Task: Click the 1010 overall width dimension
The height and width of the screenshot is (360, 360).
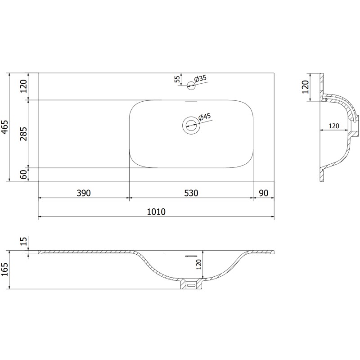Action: click(x=156, y=211)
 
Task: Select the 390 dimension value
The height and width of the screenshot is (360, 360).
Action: click(x=84, y=193)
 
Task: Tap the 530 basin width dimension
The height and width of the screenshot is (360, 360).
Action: click(x=191, y=193)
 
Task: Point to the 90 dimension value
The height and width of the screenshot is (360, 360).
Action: click(x=264, y=193)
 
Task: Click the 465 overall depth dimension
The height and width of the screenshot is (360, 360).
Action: click(x=5, y=127)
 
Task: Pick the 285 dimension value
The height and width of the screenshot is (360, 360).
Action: click(x=23, y=134)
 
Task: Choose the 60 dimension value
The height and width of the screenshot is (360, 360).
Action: click(x=23, y=175)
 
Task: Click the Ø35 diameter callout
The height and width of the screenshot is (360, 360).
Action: click(x=200, y=78)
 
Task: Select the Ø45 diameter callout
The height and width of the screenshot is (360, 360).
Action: click(x=204, y=117)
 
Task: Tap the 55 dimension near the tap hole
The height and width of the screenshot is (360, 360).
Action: click(x=177, y=79)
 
